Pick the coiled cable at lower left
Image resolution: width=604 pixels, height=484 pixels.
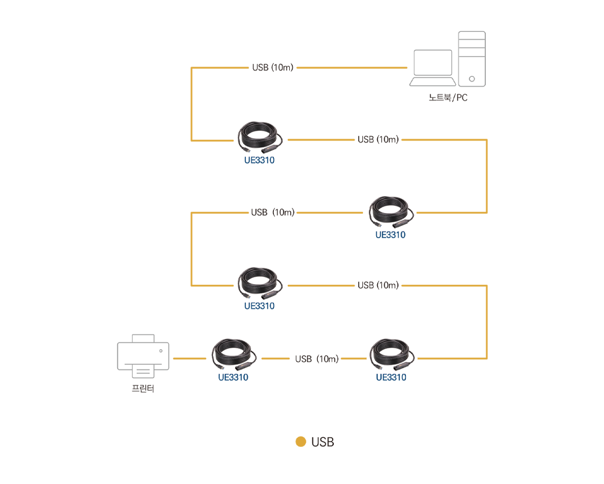pos(234,354)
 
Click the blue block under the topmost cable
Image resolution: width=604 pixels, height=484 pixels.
pos(260,172)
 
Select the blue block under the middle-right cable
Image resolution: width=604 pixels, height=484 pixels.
pos(390,245)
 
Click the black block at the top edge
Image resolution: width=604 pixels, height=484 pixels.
pos(272,61)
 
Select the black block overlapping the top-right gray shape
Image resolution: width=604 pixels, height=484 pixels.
pos(448,105)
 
